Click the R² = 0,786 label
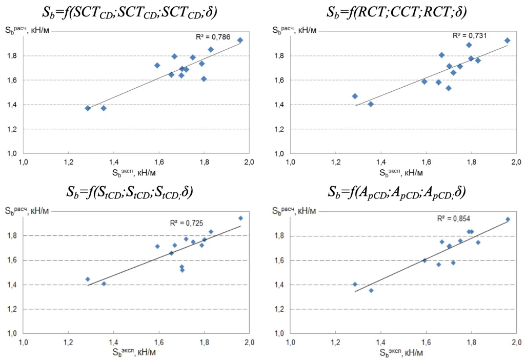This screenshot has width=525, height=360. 213,37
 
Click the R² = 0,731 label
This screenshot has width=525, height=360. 469,36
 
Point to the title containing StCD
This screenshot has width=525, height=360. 129,192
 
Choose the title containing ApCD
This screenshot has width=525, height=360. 396,192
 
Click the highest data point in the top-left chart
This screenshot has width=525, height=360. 240,40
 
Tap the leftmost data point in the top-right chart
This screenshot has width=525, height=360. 355,96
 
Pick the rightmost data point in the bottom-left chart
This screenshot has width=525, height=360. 240,218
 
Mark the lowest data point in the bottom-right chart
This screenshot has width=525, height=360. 371,290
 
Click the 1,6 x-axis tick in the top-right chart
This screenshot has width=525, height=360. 426,162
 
